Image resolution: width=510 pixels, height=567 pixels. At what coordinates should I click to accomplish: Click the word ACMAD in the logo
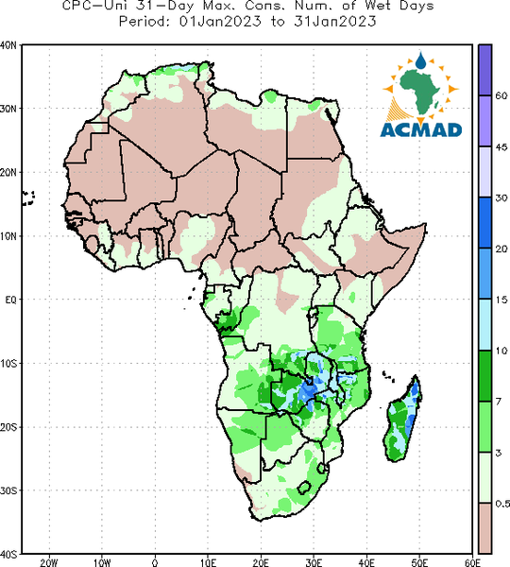pos(421,130)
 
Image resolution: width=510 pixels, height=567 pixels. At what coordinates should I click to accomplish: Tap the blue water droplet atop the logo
pos(420,60)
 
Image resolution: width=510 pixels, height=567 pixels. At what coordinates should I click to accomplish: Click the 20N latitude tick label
pos(8,173)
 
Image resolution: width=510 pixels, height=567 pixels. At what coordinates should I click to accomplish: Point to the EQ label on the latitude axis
pos(10,300)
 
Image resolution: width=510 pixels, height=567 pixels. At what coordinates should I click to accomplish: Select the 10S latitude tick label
pos(8,364)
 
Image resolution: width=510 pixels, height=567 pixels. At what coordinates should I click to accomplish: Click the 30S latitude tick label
pos(8,490)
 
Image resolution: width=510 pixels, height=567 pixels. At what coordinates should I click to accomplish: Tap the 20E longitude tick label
pos(261,562)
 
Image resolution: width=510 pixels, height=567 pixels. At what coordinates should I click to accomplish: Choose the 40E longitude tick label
pos(366,562)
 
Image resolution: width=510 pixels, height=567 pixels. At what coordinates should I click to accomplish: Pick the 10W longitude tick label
pos(102,562)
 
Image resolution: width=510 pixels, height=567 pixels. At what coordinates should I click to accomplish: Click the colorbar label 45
pos(501,146)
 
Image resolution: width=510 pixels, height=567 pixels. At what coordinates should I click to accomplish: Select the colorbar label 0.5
pos(502,504)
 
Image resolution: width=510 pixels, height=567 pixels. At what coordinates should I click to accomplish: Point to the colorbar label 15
pos(501,300)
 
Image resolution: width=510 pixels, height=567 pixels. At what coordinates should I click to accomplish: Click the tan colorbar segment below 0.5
pos(485,528)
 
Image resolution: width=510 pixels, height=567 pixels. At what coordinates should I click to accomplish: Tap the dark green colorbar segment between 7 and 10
pos(485,376)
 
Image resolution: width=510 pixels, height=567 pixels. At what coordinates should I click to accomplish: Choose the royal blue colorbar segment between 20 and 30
pos(485,223)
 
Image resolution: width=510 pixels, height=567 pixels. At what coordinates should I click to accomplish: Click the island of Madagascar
pos(403,419)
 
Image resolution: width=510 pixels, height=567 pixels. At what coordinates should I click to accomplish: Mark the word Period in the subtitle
pos(143,22)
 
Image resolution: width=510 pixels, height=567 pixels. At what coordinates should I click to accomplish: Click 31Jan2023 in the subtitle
pos(335,22)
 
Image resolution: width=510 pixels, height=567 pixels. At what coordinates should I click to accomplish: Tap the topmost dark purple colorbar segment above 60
pos(485,70)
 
